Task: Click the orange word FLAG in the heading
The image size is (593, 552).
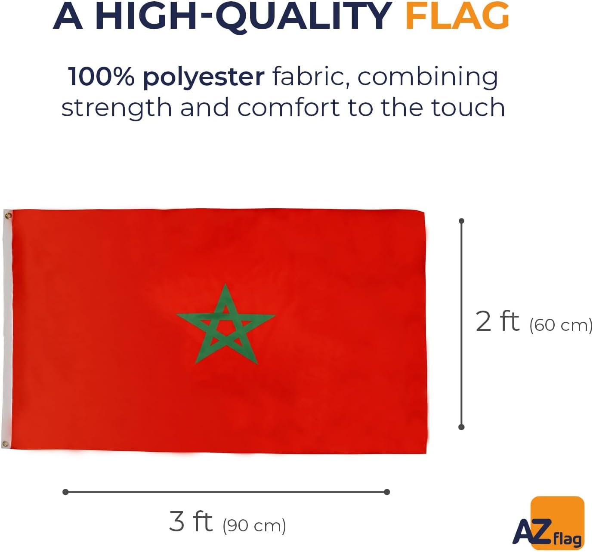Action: click(x=457, y=16)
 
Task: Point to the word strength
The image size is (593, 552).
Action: click(x=117, y=108)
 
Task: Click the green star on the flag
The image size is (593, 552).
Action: click(x=226, y=325)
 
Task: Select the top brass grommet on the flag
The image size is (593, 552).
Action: click(x=8, y=215)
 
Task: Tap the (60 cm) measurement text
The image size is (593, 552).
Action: click(x=561, y=325)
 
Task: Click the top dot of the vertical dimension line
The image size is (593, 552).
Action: click(x=462, y=221)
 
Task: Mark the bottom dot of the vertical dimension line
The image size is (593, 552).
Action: click(x=461, y=427)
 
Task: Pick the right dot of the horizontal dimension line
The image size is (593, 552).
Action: click(x=387, y=492)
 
